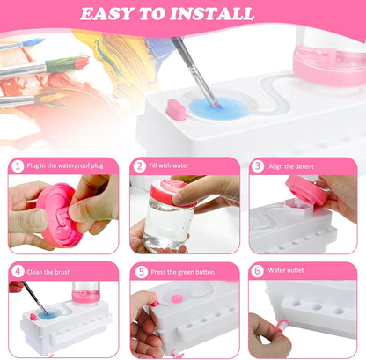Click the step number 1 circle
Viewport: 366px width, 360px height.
[x=18, y=165]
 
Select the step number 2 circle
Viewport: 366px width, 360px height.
[x=139, y=165]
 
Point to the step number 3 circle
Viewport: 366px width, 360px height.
[x=258, y=165]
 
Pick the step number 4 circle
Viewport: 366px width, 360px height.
[x=18, y=271]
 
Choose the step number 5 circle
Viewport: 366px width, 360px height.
[x=139, y=271]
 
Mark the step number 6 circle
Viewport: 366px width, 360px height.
[x=258, y=271]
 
